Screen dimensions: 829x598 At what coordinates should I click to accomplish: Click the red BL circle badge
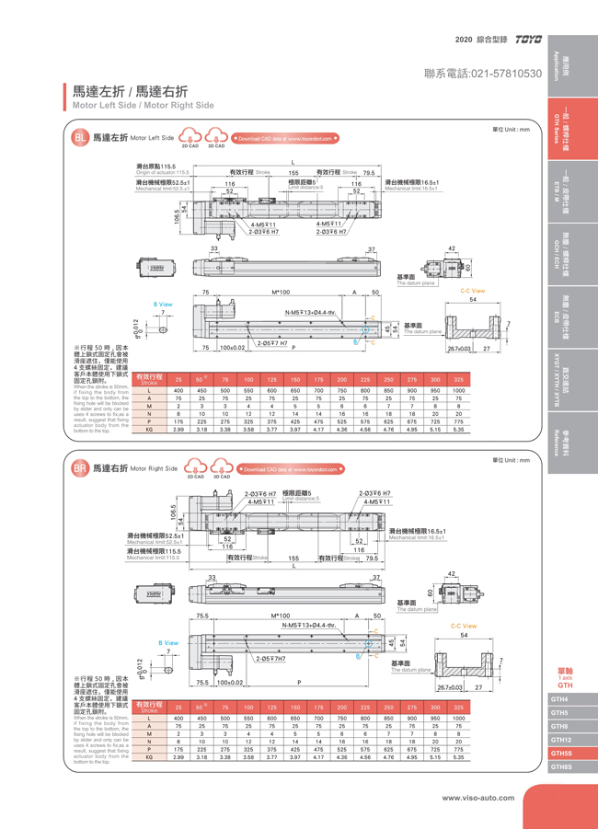tap(80, 138)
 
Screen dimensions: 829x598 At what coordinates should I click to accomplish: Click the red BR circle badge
tap(80, 468)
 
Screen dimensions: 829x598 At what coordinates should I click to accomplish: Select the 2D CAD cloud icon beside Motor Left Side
tap(190, 139)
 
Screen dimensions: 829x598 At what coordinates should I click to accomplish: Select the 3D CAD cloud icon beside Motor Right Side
tap(221, 469)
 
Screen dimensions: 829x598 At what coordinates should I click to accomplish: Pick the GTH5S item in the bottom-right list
tap(560, 753)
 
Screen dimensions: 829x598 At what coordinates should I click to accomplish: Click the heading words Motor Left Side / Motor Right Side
tap(143, 106)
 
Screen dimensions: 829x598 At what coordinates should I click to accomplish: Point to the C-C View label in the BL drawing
tap(473, 291)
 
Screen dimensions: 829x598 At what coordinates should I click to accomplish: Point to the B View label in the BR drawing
tap(168, 643)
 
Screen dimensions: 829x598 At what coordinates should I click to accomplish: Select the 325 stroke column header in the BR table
tap(458, 707)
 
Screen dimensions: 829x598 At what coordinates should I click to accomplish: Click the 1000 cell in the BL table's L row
tap(458, 390)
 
